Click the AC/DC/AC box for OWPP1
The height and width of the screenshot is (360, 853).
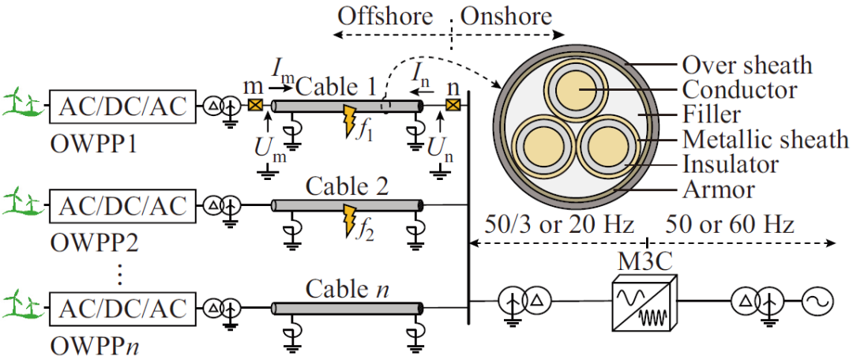pos(122,106)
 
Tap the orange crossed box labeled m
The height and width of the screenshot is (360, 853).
pos(255,106)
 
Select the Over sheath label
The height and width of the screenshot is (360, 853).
pos(746,65)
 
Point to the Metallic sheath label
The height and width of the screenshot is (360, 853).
pos(765,141)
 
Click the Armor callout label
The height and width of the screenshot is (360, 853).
pos(718,189)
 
